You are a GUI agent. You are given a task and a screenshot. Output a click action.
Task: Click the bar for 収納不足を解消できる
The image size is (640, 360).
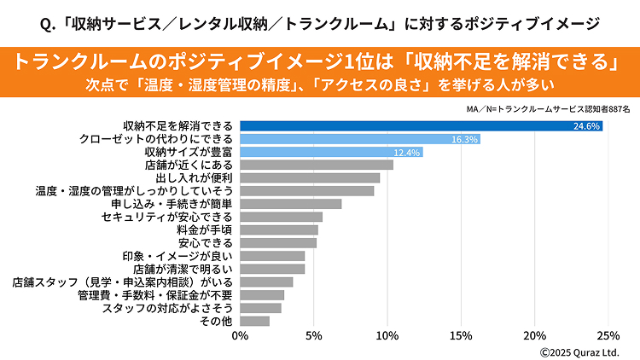point(422,126)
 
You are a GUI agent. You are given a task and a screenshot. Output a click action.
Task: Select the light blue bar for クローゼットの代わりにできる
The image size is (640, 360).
point(360,139)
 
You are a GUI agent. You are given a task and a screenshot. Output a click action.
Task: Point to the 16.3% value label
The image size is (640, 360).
point(465,139)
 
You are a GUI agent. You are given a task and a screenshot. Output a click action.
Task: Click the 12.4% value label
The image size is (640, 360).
point(408,152)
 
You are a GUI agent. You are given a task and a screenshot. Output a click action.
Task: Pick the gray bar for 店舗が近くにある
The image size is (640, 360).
point(317,165)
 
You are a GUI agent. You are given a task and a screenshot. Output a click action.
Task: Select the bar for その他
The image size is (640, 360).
point(255,321)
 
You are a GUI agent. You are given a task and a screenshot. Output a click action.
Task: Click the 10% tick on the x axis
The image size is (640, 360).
point(387,335)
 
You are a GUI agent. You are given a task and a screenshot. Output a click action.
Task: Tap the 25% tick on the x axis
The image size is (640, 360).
point(608,335)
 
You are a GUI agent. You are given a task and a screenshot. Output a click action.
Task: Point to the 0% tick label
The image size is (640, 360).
point(241,335)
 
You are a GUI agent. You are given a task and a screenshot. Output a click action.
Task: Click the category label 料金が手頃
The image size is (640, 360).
point(207,229)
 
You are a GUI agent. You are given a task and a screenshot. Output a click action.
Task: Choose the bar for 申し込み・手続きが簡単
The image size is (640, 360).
point(291,204)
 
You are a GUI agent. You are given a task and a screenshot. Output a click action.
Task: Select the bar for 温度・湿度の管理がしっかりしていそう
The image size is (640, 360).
point(307,191)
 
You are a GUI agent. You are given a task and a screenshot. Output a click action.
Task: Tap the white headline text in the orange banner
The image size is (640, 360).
point(319,62)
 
